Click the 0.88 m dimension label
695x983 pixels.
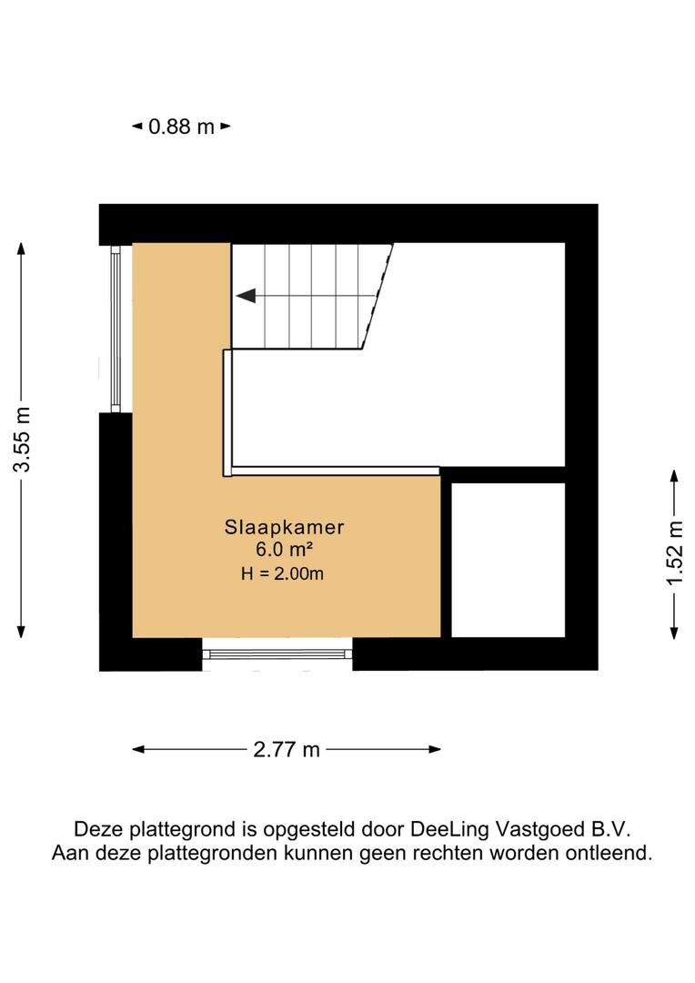(181, 127)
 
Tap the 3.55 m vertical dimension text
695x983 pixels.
(22, 440)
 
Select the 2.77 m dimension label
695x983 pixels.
(287, 750)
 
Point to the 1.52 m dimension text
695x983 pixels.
(674, 554)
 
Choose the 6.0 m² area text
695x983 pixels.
(285, 549)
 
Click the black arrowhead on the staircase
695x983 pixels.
(245, 295)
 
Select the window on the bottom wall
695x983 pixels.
(277, 654)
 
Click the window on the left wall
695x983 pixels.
(116, 328)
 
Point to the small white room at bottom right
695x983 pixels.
(508, 560)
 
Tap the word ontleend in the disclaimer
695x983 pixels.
(615, 854)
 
